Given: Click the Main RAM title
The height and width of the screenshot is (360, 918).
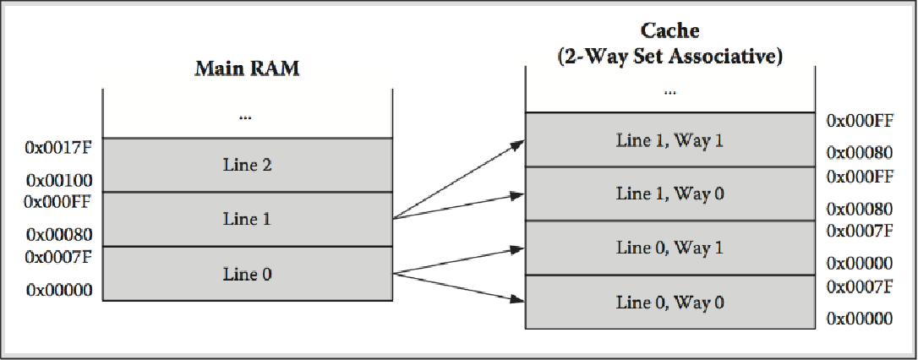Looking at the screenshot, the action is pos(247,68).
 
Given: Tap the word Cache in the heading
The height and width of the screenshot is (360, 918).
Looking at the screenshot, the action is pos(669,30).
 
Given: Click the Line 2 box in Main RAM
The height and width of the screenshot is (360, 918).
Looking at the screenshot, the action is pos(248,165).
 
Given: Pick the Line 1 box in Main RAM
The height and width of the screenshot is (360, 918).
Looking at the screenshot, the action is pos(248,220).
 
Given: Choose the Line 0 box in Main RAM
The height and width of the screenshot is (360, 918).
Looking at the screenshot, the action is pos(248,274).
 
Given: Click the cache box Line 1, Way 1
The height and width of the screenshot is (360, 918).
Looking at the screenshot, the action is pos(670,140).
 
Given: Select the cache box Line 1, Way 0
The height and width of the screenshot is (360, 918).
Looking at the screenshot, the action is pos(670,194).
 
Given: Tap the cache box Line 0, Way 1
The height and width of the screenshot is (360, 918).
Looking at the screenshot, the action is pos(670,248).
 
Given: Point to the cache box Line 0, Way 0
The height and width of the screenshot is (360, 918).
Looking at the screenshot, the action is pos(670,302).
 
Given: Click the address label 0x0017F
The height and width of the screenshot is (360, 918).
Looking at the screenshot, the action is pos(58,147).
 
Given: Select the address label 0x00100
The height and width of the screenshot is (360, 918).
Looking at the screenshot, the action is pos(59,179).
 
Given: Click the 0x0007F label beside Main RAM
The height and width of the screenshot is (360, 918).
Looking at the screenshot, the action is pos(58,256).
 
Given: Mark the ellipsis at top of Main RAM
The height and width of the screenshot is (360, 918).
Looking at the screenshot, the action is pos(246,117).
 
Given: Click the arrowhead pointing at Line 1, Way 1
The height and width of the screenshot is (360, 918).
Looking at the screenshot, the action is pos(517,144).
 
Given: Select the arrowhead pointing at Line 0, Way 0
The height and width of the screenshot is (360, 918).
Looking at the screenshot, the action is pos(517,298).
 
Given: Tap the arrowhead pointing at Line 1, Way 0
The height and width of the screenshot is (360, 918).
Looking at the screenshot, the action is pos(517,195).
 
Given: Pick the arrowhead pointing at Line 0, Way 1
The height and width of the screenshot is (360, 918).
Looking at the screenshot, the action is pos(517,249).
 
